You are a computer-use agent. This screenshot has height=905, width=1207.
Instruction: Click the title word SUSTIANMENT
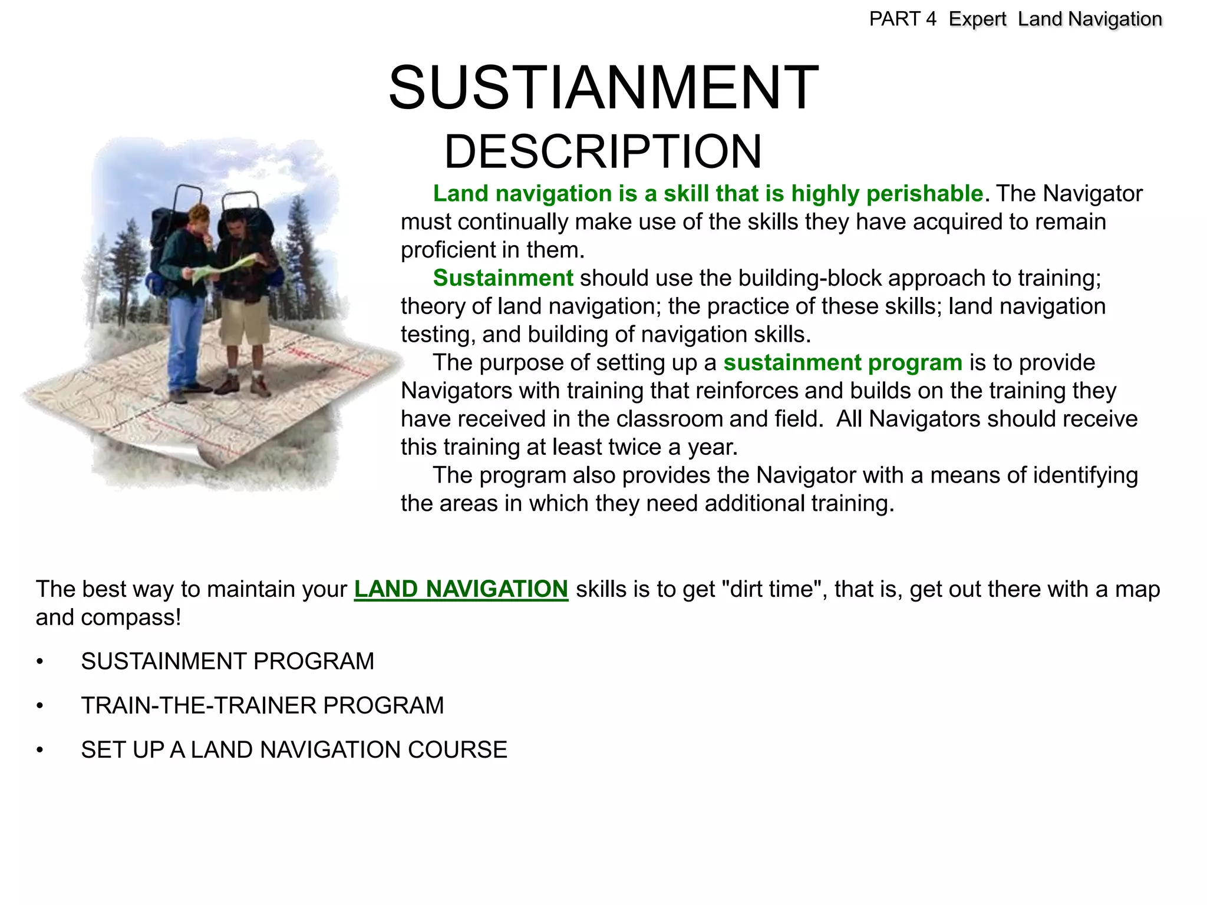tap(603, 88)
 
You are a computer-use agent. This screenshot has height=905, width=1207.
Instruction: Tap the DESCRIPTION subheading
tap(603, 152)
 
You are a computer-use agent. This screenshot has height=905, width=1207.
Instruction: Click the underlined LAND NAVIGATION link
tap(461, 589)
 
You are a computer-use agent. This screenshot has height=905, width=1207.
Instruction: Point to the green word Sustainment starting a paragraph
tap(503, 278)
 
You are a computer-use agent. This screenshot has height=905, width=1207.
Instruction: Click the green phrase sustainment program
tap(843, 363)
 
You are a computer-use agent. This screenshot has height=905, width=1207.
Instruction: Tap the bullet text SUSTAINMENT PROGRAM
tap(227, 662)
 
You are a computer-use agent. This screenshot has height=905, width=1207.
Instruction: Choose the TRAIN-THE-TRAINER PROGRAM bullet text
tap(262, 706)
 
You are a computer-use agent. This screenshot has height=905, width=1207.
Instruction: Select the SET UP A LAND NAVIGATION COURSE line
tap(294, 750)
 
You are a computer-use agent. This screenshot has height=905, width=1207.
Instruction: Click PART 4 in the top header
tap(902, 19)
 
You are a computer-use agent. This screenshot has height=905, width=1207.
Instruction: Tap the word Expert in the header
tap(977, 19)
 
